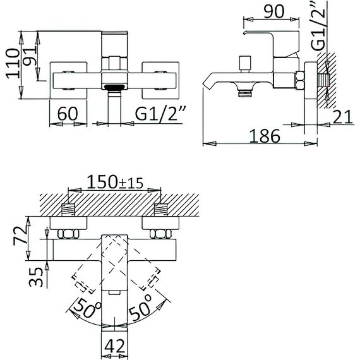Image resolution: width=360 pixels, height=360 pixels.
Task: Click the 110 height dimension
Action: (13, 64)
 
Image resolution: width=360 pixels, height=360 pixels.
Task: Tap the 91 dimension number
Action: (30, 56)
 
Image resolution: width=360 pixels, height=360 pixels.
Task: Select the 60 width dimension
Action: (68, 114)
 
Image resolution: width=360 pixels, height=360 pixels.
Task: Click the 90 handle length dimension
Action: (274, 11)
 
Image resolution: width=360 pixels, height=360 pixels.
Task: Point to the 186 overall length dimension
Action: (265, 136)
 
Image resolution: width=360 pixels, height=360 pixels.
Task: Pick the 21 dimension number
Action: (342, 117)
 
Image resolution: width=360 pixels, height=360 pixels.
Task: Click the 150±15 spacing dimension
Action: (115, 183)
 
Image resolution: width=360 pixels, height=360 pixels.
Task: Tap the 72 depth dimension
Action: (20, 236)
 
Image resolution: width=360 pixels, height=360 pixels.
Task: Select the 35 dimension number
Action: (36, 277)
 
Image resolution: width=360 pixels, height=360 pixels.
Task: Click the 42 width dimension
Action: (115, 346)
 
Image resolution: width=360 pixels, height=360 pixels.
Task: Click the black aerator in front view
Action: (114, 87)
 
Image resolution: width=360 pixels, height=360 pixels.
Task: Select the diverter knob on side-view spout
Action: (244, 64)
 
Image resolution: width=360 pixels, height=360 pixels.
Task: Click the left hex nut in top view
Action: (68, 234)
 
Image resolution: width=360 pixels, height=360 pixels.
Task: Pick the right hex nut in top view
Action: (160, 234)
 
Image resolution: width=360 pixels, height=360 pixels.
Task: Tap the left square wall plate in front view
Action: (68, 80)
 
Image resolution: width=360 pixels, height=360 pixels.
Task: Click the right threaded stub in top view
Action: (160, 210)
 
